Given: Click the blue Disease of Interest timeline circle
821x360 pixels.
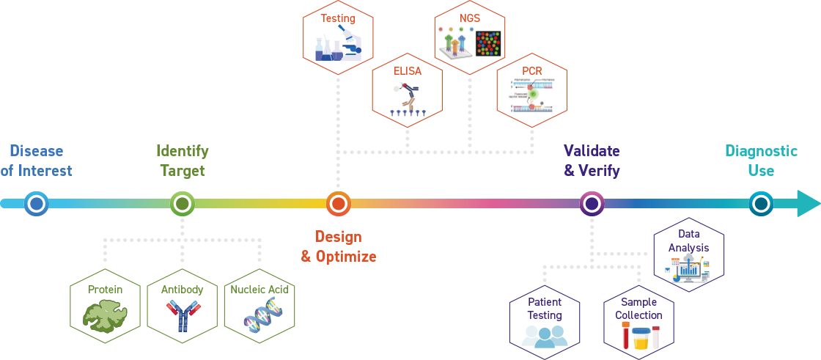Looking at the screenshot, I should (35, 203).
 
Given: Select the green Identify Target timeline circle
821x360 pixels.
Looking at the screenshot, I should (182, 203).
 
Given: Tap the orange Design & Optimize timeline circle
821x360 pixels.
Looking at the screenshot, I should (338, 203).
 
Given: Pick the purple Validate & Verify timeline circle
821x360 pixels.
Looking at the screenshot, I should (592, 203).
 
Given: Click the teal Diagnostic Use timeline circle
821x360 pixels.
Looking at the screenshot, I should (761, 203).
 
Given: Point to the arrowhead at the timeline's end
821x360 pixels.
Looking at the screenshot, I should (807, 203).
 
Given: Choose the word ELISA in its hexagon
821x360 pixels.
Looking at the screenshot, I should (407, 72).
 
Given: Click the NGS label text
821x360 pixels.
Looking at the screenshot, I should (469, 17).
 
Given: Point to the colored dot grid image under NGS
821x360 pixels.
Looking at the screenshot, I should (487, 44).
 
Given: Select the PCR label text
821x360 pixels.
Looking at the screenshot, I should (532, 70).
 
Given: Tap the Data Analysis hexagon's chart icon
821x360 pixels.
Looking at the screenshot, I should (688, 270).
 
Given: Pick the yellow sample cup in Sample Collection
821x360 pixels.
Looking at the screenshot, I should (640, 339).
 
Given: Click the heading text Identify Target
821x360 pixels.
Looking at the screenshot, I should (182, 161).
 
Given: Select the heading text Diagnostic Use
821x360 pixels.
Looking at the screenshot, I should (761, 161).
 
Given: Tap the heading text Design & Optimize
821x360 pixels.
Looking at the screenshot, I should (338, 246).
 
